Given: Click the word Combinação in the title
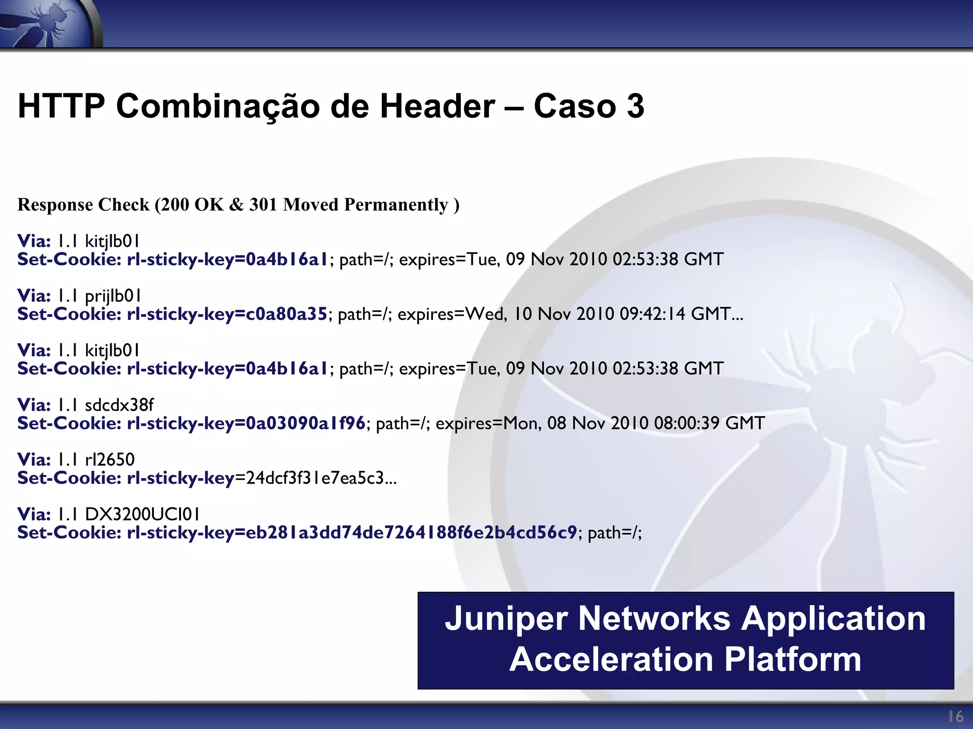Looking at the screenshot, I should click(218, 106).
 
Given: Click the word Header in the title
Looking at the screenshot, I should click(437, 106).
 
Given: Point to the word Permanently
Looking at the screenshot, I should click(396, 205).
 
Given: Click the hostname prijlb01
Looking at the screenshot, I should click(113, 296).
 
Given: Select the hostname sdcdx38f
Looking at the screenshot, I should click(119, 405).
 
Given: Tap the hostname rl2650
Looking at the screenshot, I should click(110, 459).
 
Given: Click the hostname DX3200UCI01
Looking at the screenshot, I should click(143, 514).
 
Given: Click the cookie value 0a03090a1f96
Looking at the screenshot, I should click(305, 423).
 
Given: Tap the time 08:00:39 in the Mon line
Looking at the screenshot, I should click(687, 423).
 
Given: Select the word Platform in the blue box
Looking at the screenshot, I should click(792, 660).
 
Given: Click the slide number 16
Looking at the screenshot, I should click(955, 716).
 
